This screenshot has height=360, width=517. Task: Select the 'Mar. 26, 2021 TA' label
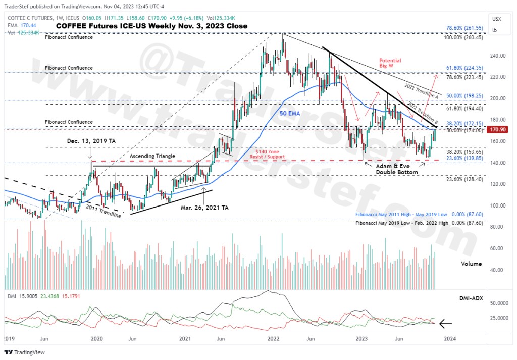tap(205, 207)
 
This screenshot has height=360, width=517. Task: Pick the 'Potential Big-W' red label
tap(390, 63)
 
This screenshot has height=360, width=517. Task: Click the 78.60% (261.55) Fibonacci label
tap(466, 28)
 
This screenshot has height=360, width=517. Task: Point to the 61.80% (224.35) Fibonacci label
tap(466, 68)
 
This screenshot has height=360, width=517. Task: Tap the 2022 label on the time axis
tap(273, 338)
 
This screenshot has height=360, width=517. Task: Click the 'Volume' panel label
tap(472, 264)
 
